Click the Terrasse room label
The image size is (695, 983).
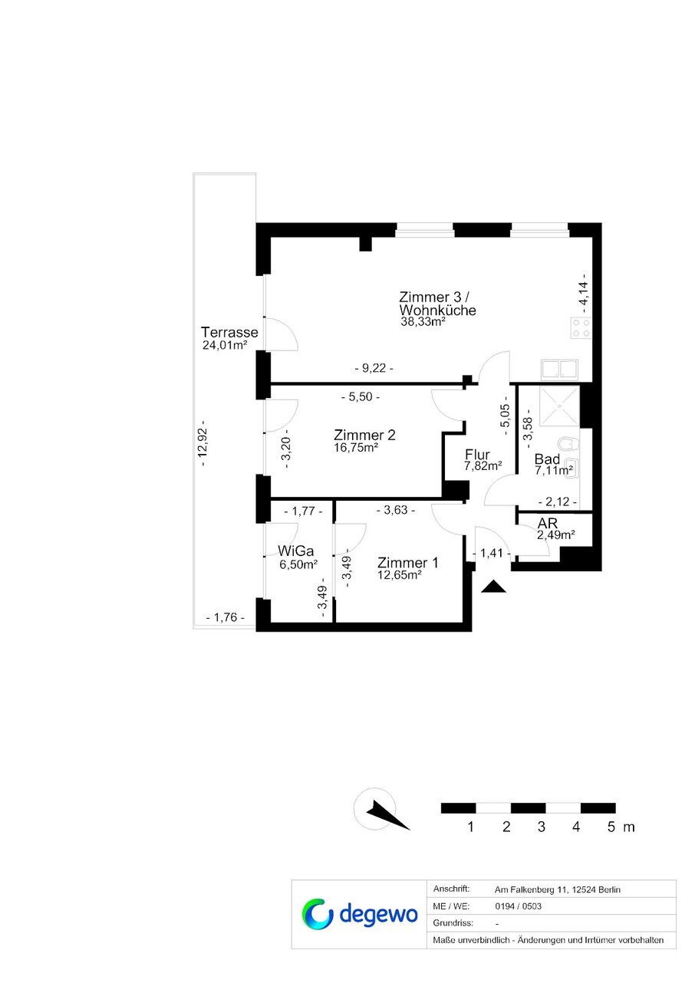click(229, 332)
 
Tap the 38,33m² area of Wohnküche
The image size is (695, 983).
click(423, 322)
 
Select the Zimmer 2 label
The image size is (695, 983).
click(364, 435)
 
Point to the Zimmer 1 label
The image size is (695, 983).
click(408, 563)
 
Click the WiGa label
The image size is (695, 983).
click(296, 551)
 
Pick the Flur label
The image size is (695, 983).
click(477, 454)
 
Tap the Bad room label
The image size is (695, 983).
click(547, 459)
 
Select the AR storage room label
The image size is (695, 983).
click(548, 523)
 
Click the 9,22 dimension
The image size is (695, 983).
click(374, 368)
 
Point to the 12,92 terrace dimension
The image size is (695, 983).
click(203, 443)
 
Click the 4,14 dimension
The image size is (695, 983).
click(584, 293)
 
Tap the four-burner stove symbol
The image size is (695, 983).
click(581, 328)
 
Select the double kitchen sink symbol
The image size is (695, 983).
click(559, 369)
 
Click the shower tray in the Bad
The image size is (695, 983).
click(560, 406)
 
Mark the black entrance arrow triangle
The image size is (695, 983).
click(493, 587)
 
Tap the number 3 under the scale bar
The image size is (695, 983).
click(542, 827)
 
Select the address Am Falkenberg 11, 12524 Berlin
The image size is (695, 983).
click(558, 890)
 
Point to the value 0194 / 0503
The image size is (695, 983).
click(518, 906)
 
